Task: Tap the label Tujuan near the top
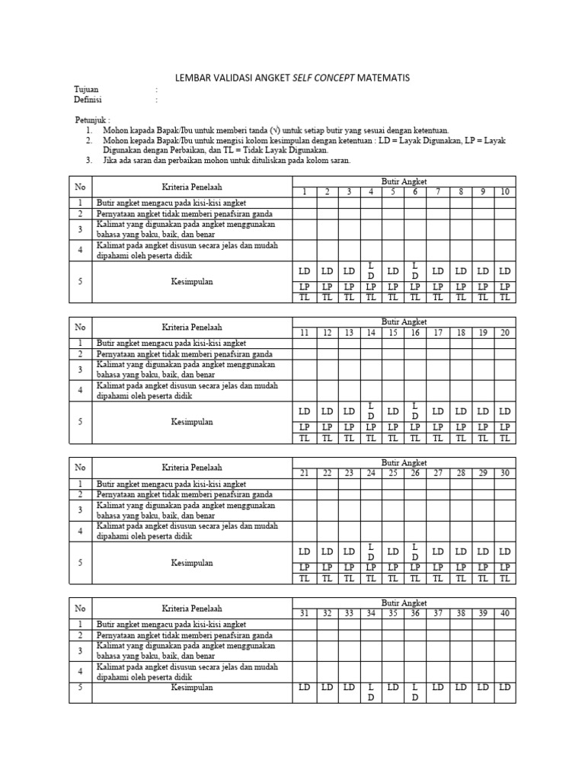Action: coord(86,89)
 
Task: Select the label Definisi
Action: coord(88,100)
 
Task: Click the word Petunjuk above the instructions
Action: coord(92,120)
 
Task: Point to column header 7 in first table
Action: coord(438,191)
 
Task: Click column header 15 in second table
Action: coord(393,333)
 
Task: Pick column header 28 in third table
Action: coord(460,473)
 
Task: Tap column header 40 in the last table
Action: coord(504,614)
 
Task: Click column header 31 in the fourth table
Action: coord(304,614)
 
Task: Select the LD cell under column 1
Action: coord(304,271)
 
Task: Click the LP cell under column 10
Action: coord(504,286)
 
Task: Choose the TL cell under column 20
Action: coord(504,438)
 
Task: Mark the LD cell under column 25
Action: coord(393,551)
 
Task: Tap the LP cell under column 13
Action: coord(349,427)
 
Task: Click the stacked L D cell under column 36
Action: coord(415,692)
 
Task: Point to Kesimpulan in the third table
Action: coord(192,563)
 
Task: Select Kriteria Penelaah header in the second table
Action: coord(192,327)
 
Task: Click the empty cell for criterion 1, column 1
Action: coord(304,203)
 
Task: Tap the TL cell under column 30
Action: coord(504,578)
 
